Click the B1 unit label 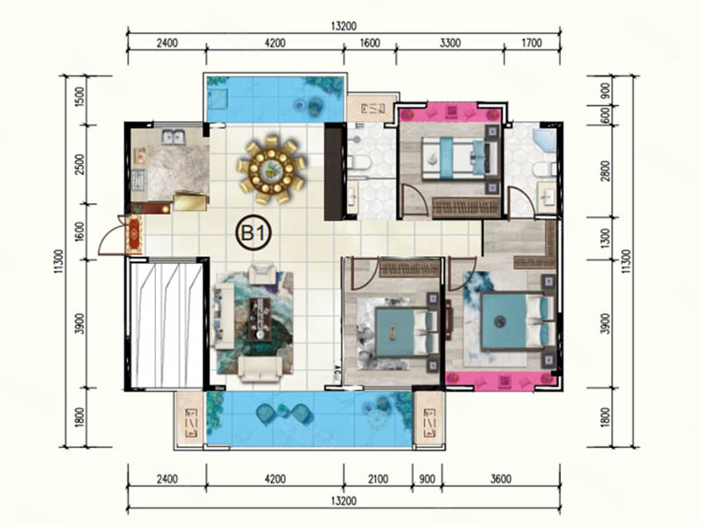[254, 232]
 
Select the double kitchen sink [173, 137]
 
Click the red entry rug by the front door [135, 234]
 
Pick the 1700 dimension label [532, 43]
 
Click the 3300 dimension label [450, 43]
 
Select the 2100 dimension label [378, 479]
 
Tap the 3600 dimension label [500, 479]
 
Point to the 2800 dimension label [605, 170]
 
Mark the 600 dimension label [606, 116]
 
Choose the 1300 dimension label [605, 238]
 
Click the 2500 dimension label [79, 164]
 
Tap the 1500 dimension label [79, 96]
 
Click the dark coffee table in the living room [260, 319]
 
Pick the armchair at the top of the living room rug [262, 273]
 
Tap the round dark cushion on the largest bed [499, 320]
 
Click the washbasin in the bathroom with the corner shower [547, 196]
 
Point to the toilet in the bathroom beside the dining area [360, 162]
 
